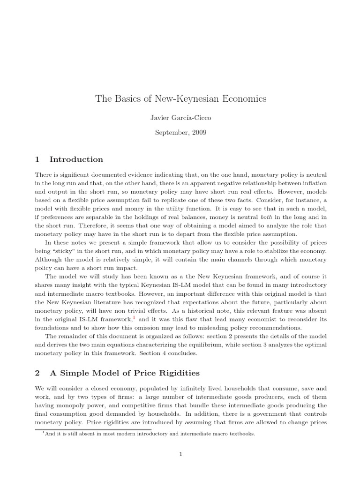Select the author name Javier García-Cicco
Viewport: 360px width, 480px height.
180,118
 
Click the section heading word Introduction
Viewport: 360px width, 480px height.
76,159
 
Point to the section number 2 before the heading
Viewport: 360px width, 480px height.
37,373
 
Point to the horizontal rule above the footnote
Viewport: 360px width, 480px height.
93,429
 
